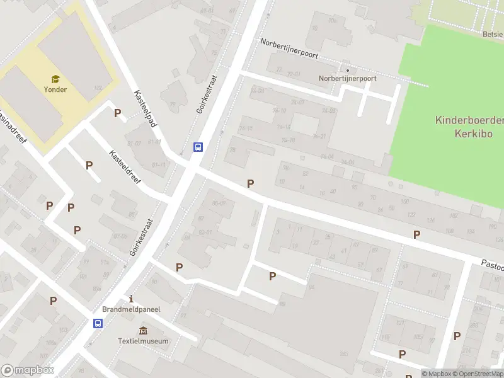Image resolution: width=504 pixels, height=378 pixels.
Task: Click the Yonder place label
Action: point(55,89)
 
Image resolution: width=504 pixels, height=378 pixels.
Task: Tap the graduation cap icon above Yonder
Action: point(55,79)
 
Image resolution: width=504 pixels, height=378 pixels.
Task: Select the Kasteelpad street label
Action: point(145,108)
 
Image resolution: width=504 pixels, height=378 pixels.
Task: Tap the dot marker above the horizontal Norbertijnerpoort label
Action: point(347,70)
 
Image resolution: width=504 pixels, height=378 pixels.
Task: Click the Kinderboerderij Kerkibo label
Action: point(468,127)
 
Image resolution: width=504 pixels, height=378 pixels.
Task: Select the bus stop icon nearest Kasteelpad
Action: point(198,147)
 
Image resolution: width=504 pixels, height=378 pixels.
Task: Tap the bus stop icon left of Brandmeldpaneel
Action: point(98,323)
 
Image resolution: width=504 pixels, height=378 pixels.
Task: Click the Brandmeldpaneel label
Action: point(131,309)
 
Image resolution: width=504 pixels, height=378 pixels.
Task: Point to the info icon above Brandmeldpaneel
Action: point(131,299)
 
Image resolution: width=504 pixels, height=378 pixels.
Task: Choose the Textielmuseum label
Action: point(144,341)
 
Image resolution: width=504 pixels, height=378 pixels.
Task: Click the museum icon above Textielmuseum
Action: point(144,331)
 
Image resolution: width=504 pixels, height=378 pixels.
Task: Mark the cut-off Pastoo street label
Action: point(492,266)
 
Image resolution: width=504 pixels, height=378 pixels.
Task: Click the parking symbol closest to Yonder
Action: point(117,113)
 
